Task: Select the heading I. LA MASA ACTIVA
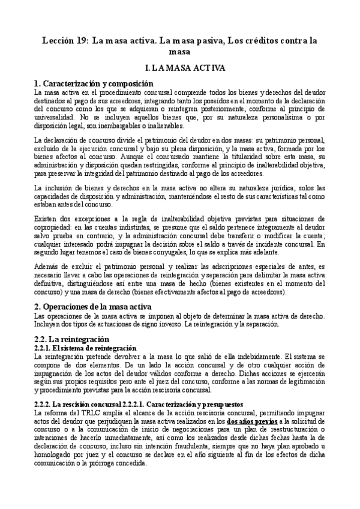(x=181, y=69)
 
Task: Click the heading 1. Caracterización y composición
(x=94, y=84)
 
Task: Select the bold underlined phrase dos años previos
(x=252, y=422)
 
